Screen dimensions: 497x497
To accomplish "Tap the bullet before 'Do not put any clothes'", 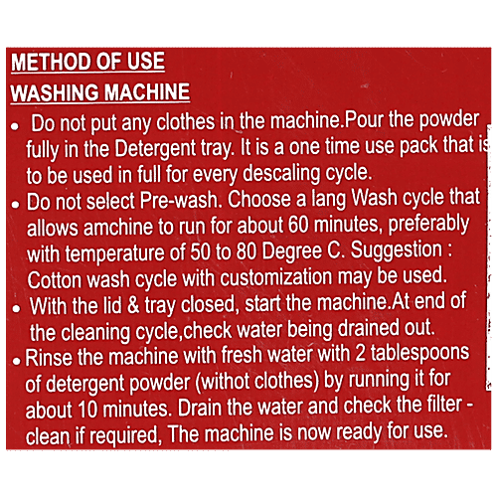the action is (x=15, y=126).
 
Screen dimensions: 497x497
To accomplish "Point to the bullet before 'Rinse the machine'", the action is (x=17, y=361).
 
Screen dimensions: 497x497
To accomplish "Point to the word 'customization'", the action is (x=275, y=277).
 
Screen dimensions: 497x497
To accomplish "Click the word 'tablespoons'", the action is (x=419, y=353).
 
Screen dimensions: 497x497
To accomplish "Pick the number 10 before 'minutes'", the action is (x=88, y=410).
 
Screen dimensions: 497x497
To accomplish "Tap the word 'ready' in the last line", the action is (x=359, y=432).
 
